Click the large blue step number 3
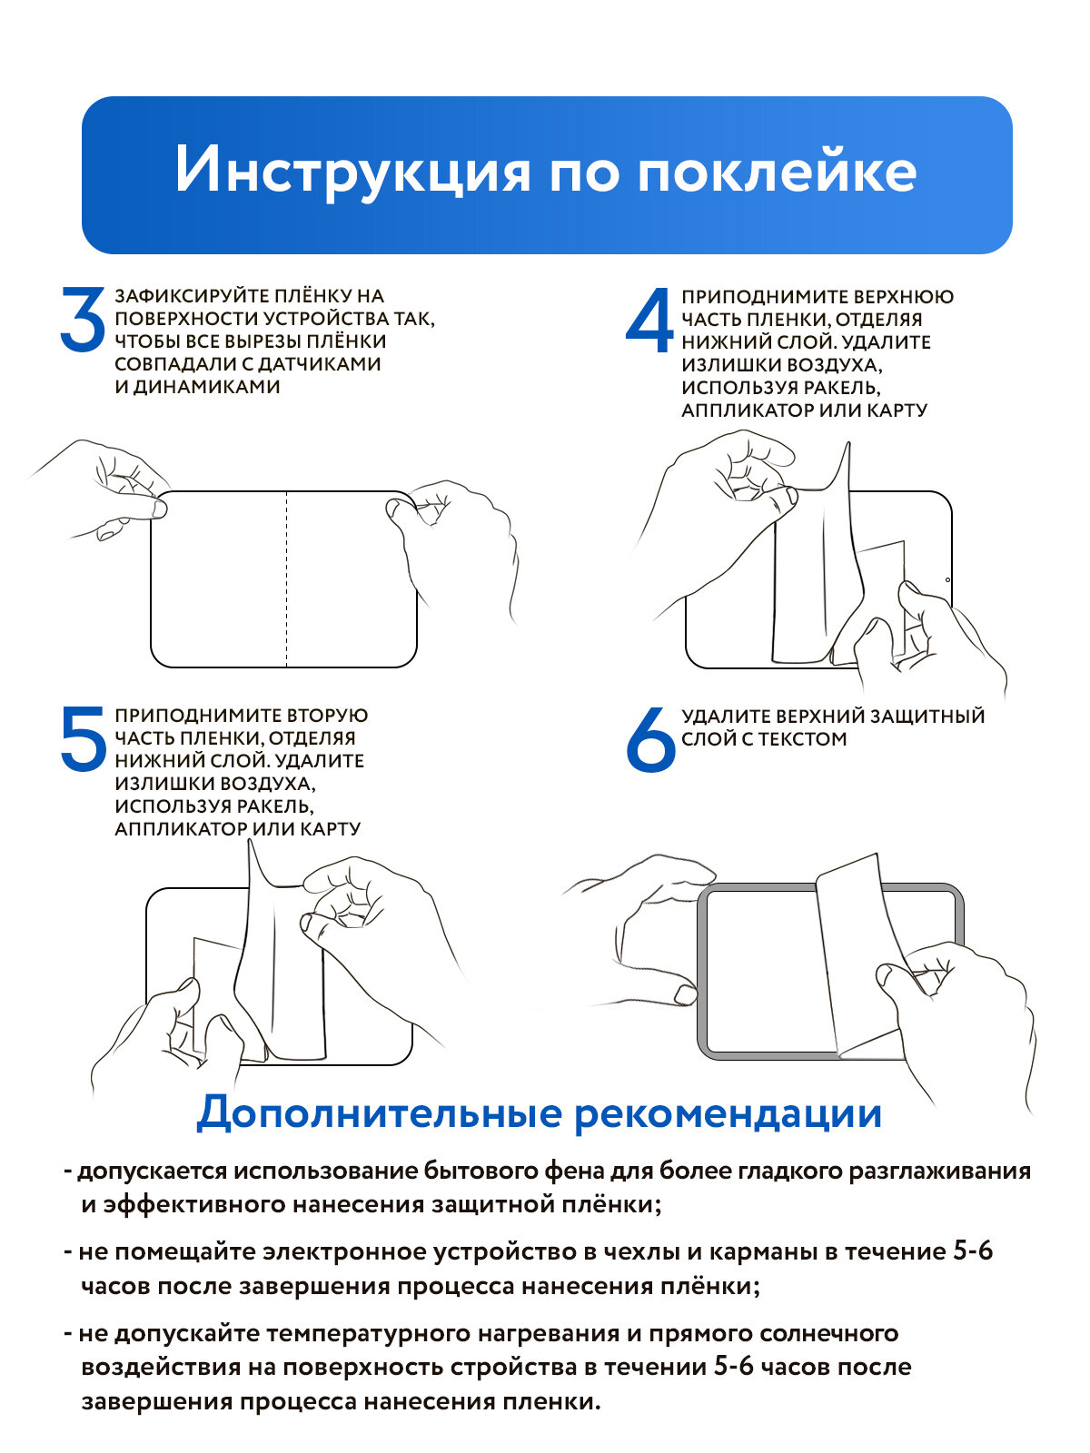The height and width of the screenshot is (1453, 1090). coord(84,319)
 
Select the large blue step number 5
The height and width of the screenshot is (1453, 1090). coord(84,738)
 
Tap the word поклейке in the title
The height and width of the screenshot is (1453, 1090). coord(777,169)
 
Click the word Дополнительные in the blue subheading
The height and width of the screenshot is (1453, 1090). coord(380,1114)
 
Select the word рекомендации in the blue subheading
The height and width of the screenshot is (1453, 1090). coord(728,1116)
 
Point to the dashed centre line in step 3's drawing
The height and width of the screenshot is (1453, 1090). coord(286,578)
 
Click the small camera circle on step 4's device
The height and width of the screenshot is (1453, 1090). coord(947,580)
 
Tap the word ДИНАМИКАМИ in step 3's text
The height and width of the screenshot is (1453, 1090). coord(207,387)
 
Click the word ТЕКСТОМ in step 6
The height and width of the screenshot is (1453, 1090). coord(802,738)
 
